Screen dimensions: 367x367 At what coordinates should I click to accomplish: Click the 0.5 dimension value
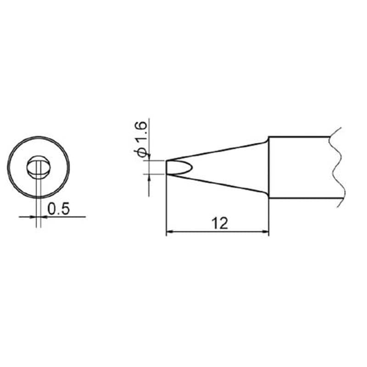(x=58, y=209)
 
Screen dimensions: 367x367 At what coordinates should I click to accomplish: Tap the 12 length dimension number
(x=220, y=224)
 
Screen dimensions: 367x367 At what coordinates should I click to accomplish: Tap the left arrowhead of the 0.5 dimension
(x=33, y=217)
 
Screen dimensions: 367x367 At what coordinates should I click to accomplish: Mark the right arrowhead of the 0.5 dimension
(x=44, y=217)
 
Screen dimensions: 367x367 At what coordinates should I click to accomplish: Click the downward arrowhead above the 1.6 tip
(x=149, y=157)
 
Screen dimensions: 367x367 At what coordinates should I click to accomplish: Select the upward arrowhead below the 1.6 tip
(x=149, y=178)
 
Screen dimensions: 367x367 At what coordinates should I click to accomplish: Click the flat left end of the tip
(x=166, y=167)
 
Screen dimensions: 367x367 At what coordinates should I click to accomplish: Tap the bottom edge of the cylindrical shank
(x=303, y=199)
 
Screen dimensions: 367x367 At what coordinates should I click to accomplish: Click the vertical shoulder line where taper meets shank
(x=268, y=167)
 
